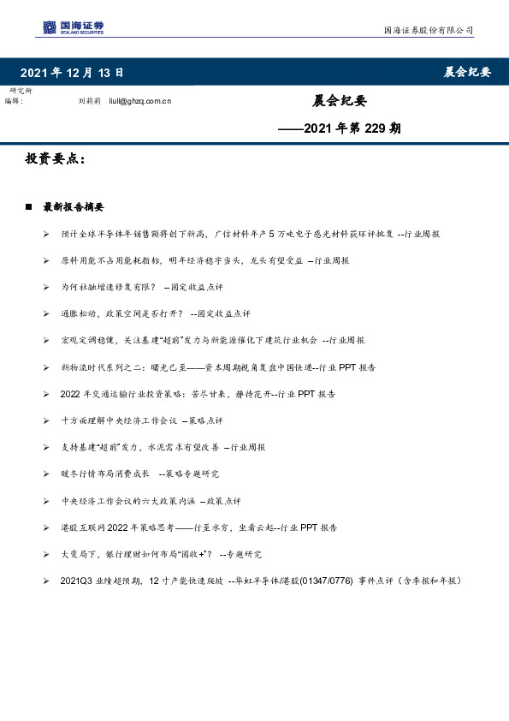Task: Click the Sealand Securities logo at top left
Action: pyautogui.click(x=73, y=27)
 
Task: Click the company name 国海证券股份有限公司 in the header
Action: pyautogui.click(x=428, y=30)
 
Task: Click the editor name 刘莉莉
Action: pyautogui.click(x=90, y=101)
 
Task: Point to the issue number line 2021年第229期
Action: pyautogui.click(x=340, y=128)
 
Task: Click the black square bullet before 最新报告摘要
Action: pyautogui.click(x=29, y=207)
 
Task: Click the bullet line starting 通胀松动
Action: pyautogui.click(x=156, y=313)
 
